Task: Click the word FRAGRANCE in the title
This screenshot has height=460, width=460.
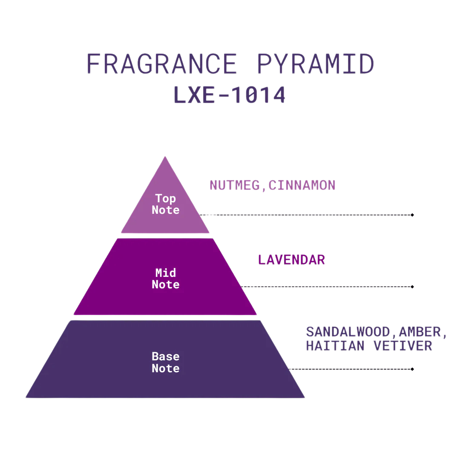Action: pyautogui.click(x=162, y=63)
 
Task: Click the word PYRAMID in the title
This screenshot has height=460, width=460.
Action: pyautogui.click(x=315, y=63)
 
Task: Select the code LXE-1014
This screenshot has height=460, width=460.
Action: pyautogui.click(x=230, y=95)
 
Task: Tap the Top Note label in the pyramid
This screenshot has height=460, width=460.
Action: pyautogui.click(x=165, y=204)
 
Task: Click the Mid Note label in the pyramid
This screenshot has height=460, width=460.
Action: pyautogui.click(x=165, y=279)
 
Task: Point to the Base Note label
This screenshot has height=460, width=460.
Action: pyautogui.click(x=165, y=362)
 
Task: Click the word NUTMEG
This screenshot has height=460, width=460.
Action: pyautogui.click(x=235, y=185)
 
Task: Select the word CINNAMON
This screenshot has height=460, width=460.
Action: pyautogui.click(x=302, y=185)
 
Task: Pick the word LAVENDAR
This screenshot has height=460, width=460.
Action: pyautogui.click(x=291, y=260)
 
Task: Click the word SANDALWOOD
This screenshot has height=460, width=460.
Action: pyautogui.click(x=348, y=332)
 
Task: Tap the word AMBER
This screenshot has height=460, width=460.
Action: pyautogui.click(x=420, y=332)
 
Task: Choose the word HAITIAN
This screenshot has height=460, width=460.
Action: pyautogui.click(x=335, y=346)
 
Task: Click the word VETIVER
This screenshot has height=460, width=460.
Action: pyautogui.click(x=403, y=346)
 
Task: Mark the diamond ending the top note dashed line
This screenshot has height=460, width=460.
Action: pyautogui.click(x=412, y=215)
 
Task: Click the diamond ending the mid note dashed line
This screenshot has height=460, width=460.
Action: pyautogui.click(x=412, y=287)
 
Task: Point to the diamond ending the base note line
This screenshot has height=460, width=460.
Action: pyautogui.click(x=412, y=369)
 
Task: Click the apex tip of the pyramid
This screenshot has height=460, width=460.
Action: pyautogui.click(x=165, y=157)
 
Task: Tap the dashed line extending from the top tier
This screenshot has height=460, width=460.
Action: pyautogui.click(x=305, y=215)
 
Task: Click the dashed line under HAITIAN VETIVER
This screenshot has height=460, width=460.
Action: pyautogui.click(x=350, y=369)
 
